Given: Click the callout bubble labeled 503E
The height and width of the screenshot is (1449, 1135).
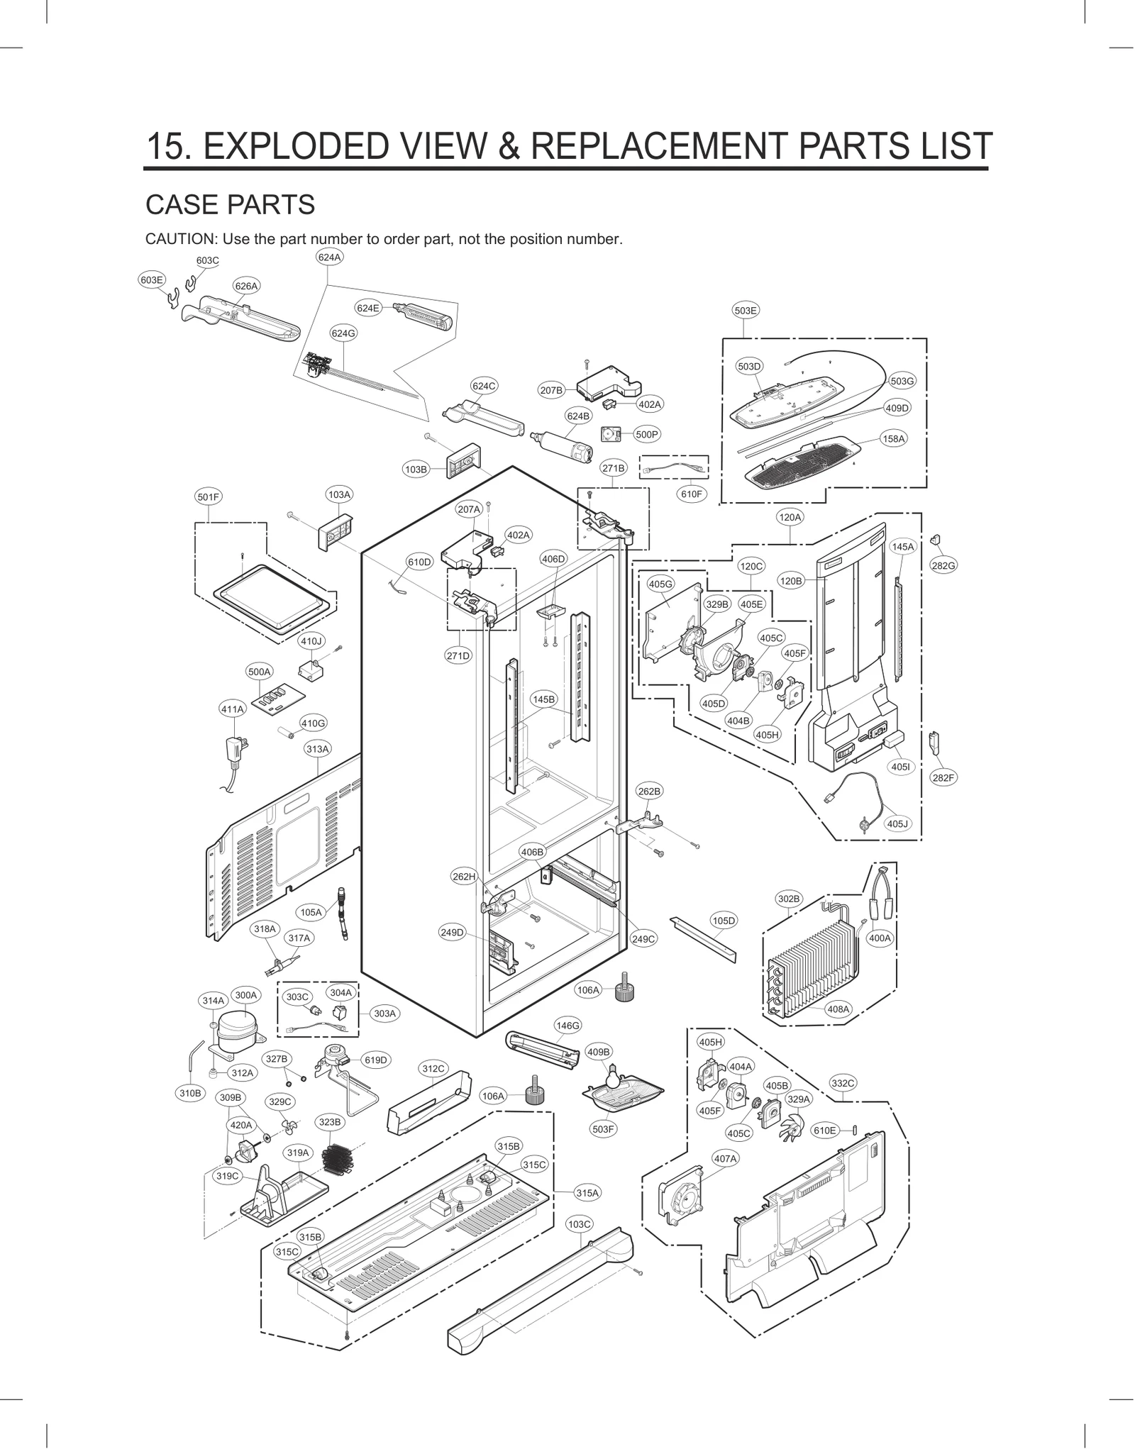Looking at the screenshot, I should point(745,310).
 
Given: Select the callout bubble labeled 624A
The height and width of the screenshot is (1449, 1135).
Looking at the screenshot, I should point(329,257).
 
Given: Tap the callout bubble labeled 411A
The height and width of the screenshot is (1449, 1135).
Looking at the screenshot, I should point(232,709).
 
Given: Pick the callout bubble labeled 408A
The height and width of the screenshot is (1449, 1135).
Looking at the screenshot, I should point(838,1009).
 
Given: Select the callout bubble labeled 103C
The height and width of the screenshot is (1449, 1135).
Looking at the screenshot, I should point(580,1224).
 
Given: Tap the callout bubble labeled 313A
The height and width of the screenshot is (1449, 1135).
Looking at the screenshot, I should point(318,749).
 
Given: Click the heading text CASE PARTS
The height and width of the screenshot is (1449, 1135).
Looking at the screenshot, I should point(230,204).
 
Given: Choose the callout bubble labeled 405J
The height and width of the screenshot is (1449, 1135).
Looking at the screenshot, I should point(897,823).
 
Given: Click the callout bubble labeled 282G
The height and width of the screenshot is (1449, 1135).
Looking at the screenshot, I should point(943,565).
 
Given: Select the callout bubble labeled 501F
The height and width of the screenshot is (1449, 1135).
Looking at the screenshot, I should point(209,497).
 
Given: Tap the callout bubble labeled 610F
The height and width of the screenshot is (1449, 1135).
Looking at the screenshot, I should point(691,494).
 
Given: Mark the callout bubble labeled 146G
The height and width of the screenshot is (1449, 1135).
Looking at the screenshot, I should point(568,1026).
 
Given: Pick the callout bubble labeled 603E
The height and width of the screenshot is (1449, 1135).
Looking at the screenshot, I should point(151,279).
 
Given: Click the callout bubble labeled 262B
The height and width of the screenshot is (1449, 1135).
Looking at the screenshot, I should point(649,791).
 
